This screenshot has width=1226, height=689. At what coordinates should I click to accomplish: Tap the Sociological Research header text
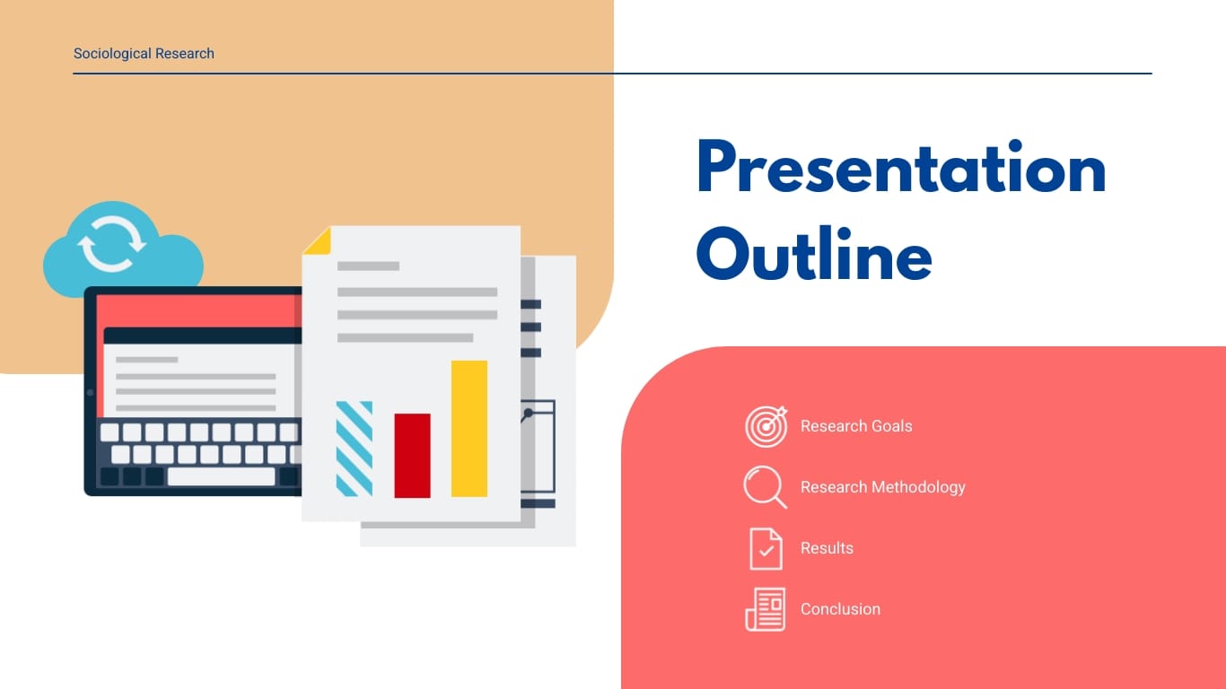(x=144, y=54)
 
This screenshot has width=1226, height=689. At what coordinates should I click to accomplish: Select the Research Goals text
(x=855, y=426)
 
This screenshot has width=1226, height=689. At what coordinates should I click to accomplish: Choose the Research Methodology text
(x=882, y=487)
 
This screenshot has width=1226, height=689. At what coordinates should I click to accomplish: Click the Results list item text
(x=827, y=548)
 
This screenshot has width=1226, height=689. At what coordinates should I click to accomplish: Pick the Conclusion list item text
(x=840, y=609)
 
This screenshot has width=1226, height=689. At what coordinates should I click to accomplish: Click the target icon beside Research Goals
(x=766, y=426)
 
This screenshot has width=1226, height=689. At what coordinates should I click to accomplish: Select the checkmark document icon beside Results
(x=766, y=548)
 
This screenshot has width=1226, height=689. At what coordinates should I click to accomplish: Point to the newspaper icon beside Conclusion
(x=766, y=609)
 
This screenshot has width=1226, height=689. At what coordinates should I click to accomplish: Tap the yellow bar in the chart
(x=469, y=428)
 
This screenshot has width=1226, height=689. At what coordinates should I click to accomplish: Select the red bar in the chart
(x=412, y=455)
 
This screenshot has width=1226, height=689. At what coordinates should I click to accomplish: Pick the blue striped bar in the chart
(x=354, y=449)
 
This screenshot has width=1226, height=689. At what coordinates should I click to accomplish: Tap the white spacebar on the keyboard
(x=221, y=476)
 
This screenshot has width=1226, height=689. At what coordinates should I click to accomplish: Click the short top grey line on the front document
(x=368, y=266)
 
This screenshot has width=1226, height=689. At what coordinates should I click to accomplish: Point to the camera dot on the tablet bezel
(x=90, y=392)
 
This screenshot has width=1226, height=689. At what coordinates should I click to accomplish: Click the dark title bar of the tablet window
(x=202, y=336)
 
